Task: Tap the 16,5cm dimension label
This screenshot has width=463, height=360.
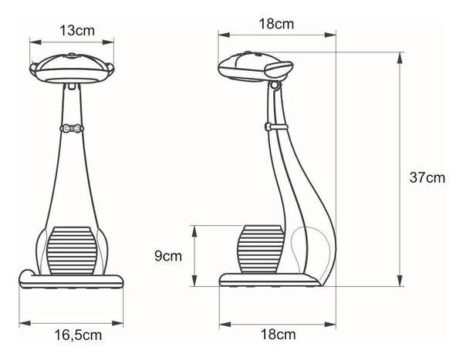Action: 78,335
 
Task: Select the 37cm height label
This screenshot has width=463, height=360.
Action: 427,177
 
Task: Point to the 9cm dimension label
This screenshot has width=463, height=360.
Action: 167,256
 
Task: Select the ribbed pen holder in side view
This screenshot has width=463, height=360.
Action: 259,249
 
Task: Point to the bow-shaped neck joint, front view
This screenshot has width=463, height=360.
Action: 71,128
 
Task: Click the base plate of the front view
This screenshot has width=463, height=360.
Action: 73,281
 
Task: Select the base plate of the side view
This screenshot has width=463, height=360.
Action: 270,281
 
